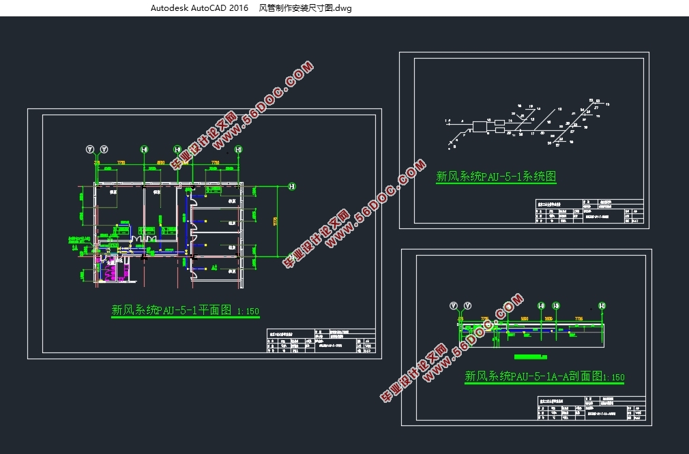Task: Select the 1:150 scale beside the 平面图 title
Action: coord(248,312)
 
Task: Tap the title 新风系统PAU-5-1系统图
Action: coord(496,177)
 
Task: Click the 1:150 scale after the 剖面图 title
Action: coord(614,377)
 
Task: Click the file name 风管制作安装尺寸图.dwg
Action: coord(306,8)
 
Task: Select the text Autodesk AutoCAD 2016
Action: coord(199,8)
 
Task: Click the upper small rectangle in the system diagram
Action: coord(500,122)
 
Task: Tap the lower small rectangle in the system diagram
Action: coord(500,130)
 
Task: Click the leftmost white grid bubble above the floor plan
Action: coord(89,149)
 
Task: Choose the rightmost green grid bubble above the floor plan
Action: coord(238,149)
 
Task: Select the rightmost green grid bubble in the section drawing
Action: coord(602,306)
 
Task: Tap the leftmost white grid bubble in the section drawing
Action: coord(454,305)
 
